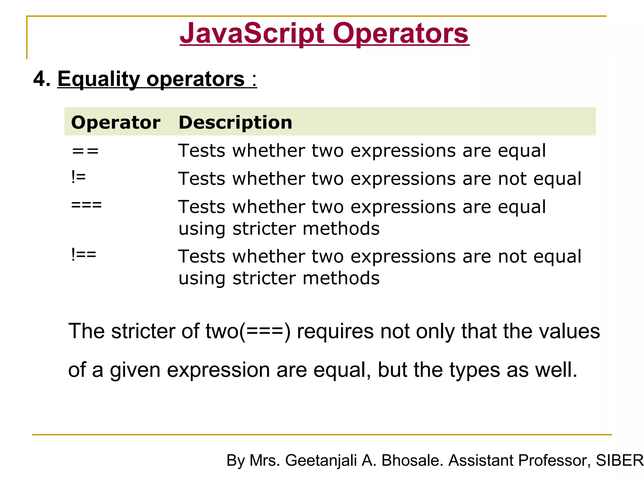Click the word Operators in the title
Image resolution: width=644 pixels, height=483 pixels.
(x=401, y=34)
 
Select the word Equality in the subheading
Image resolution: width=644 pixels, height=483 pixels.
(x=98, y=79)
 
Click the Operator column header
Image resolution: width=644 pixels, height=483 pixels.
(x=116, y=122)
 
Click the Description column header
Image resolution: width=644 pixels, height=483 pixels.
(x=235, y=122)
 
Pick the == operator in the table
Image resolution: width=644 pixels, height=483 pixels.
(x=85, y=152)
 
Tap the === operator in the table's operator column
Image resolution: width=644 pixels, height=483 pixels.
(x=86, y=205)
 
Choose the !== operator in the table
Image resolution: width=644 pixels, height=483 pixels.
(x=84, y=254)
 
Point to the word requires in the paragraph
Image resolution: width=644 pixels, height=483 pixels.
(x=335, y=331)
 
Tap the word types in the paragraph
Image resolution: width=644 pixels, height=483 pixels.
(x=475, y=370)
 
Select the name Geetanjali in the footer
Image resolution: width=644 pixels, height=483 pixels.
(x=321, y=460)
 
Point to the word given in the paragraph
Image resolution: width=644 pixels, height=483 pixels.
(x=135, y=370)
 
